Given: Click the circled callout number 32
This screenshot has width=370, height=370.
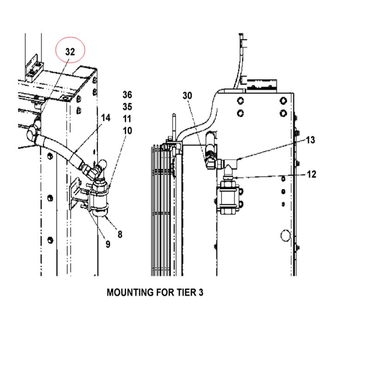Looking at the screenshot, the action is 70,52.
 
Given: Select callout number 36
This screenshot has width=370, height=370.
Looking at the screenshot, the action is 127,95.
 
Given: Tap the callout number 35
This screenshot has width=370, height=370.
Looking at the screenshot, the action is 127,107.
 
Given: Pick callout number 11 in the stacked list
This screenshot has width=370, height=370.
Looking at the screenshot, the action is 127,119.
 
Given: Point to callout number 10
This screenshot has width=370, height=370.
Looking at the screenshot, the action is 128,131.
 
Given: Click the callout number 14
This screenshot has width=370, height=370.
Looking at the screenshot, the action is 106,118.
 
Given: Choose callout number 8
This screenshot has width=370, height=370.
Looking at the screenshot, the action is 120,234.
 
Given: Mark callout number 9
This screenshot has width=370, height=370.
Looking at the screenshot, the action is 108,244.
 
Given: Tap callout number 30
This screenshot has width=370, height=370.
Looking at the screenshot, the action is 187,96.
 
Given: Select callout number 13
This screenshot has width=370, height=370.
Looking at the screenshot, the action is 310,140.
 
